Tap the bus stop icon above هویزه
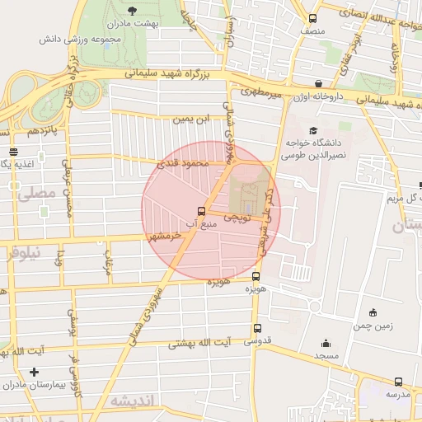pos(256,277)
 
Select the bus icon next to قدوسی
pos(257,328)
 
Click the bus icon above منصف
pos(312,18)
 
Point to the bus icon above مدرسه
pos(399,382)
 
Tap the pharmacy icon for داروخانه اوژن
pos(319,83)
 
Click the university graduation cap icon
pos(312,130)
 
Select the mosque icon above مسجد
pos(326,343)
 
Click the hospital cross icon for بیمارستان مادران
pos(34,373)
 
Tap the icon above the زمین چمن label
pos(373,312)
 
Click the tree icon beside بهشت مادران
pos(133,11)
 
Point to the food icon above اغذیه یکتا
pos(13,152)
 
